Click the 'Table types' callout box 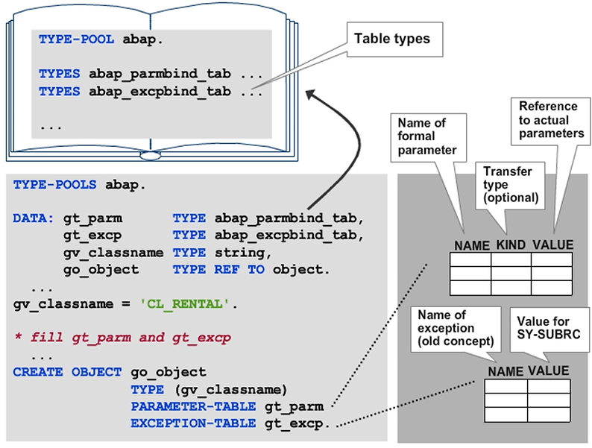[391, 38]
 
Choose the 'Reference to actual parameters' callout [551, 120]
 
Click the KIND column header [511, 245]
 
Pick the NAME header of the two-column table [506, 371]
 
